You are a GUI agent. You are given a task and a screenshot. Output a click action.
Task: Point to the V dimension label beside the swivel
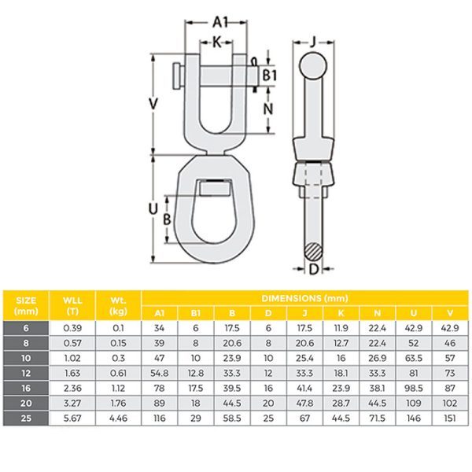153,103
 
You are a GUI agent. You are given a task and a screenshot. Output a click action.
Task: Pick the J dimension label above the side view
312,40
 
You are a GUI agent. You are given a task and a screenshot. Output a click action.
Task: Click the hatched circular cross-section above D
314,252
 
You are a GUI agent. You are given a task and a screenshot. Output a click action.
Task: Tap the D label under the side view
314,271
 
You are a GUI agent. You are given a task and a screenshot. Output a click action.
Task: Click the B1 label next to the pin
270,75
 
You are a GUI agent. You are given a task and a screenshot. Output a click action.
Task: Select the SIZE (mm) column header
26,304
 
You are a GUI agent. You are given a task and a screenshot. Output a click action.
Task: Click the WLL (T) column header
72,304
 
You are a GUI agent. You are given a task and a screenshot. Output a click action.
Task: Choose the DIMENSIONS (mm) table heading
304,298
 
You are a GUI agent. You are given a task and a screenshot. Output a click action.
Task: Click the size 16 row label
26,385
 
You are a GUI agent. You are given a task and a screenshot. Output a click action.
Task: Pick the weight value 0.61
117,371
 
